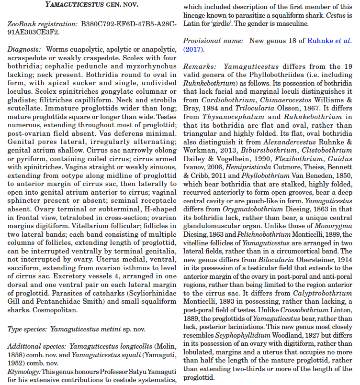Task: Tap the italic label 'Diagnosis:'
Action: click(24, 50)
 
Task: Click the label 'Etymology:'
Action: click(25, 372)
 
